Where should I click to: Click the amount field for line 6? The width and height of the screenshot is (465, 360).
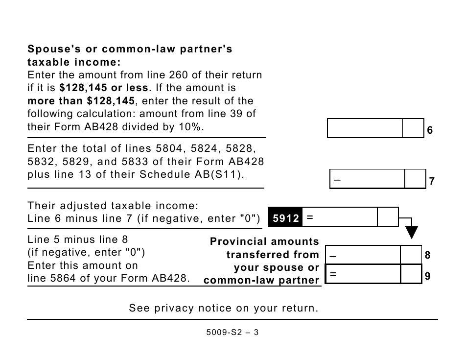pos(365,128)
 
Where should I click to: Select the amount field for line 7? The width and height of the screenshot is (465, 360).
pos(367,179)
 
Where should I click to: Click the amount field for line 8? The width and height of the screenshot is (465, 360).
pos(363,255)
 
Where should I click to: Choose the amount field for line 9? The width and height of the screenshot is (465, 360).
pos(363,274)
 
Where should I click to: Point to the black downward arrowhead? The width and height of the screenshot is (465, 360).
pos(412,230)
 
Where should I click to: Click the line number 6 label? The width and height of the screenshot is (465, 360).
pos(430,130)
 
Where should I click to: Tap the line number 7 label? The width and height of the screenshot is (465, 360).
pos(431,181)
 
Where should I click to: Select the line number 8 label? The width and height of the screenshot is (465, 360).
pos(427,255)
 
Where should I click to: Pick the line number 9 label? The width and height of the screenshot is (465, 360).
pos(427,276)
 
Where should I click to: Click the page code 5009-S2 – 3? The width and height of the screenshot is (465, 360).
pos(232,332)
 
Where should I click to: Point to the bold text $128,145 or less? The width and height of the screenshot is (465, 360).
pos(104,88)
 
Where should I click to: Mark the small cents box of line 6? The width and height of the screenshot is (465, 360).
pos(413,128)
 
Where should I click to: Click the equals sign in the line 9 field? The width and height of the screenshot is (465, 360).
pos(333,274)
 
